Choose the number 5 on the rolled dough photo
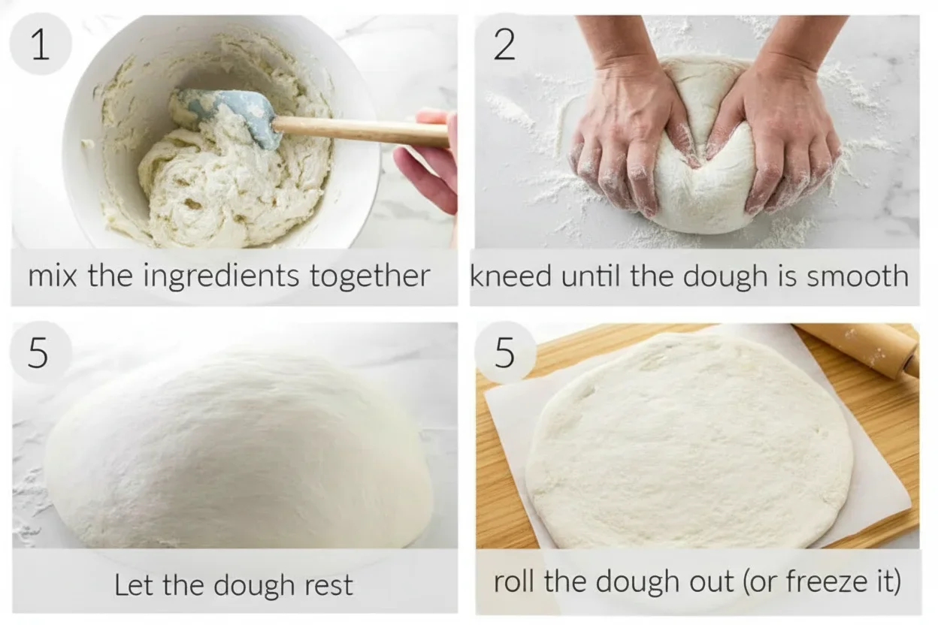click(x=505, y=353)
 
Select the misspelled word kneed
click(x=501, y=276)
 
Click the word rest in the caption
click(x=328, y=584)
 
